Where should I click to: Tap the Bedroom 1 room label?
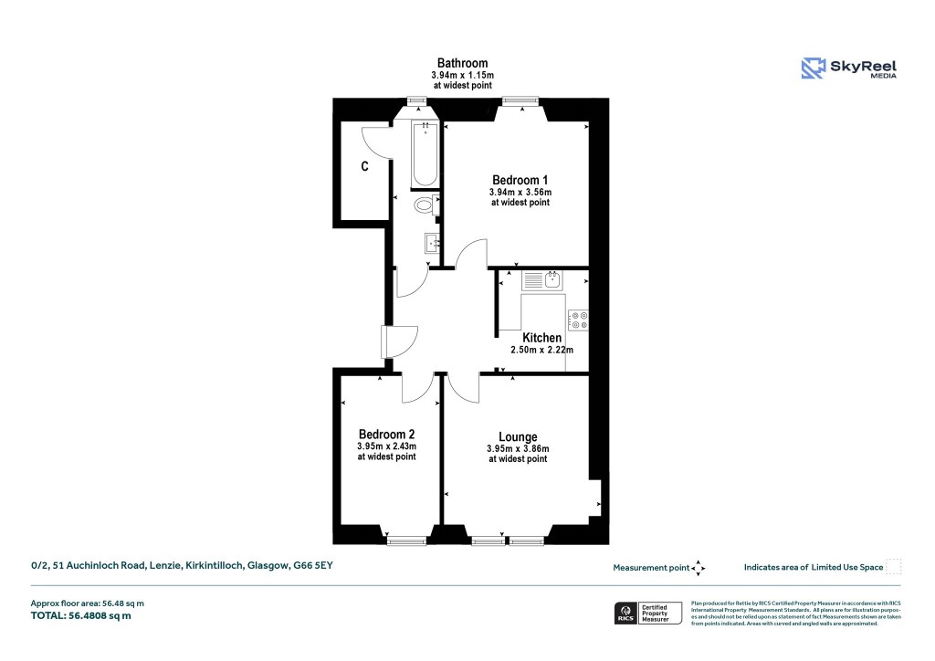coord(520,180)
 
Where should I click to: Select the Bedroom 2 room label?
coord(386,434)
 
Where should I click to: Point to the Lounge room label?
coord(518,436)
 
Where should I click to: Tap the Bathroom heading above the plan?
coord(462,63)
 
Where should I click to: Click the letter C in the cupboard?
coord(364,167)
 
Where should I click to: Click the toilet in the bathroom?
coord(425,205)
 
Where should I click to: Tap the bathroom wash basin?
coord(431,243)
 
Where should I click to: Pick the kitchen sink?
coord(552,279)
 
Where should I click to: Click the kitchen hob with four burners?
coord(577,320)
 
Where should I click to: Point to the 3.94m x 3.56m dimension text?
coord(520,193)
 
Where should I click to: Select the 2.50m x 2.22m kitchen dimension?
coord(541,350)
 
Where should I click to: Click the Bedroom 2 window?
coord(406,541)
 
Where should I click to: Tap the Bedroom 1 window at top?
coord(518,100)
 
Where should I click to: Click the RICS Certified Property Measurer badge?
coord(647,613)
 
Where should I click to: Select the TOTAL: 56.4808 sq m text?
coord(81,616)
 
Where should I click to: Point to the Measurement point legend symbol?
coord(699,568)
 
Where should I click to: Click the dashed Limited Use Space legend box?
coord(894,567)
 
